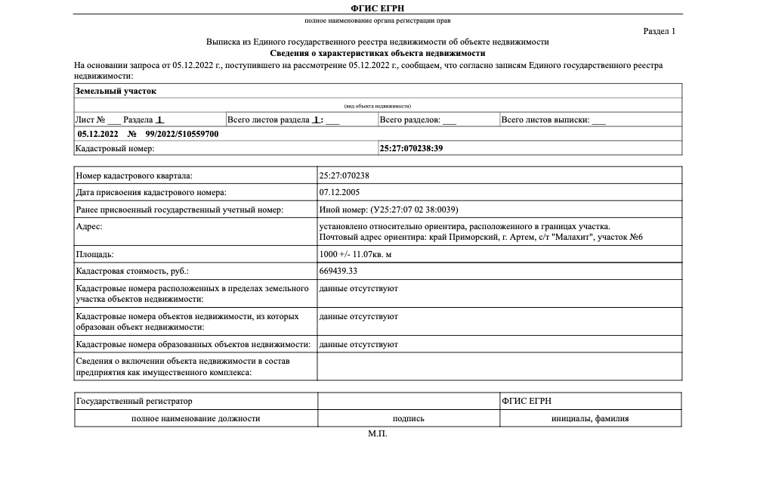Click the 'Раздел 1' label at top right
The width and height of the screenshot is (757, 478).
(x=659, y=31)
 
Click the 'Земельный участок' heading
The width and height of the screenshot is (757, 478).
(x=116, y=91)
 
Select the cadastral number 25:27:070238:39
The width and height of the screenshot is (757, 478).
(x=411, y=148)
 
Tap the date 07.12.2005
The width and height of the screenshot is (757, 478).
(x=338, y=192)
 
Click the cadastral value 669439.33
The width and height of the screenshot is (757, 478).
(x=338, y=270)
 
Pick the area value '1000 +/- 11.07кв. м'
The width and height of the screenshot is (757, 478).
(x=355, y=254)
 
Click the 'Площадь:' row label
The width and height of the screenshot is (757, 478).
(x=95, y=254)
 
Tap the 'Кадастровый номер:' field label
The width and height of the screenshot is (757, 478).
(x=115, y=148)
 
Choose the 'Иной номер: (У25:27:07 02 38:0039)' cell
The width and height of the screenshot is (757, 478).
(x=389, y=210)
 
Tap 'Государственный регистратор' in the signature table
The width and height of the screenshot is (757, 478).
(x=134, y=400)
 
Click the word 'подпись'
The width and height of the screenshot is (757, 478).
(x=408, y=417)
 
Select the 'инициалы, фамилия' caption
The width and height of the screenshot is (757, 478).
(x=590, y=417)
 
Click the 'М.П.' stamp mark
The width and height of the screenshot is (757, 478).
(x=378, y=434)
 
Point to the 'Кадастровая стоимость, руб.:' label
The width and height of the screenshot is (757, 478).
(x=132, y=270)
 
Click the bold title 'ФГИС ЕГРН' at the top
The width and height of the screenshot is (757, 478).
(x=378, y=7)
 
